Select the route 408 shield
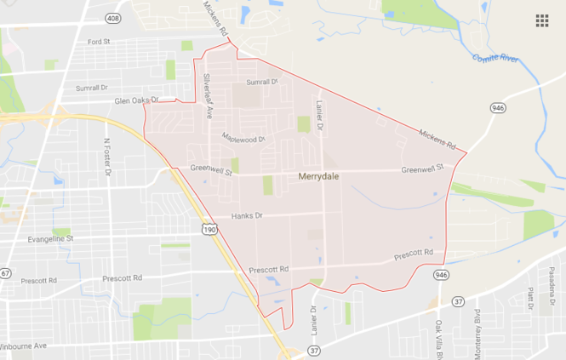(x=112, y=17)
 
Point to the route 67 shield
(x=5, y=273)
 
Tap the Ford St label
(x=100, y=42)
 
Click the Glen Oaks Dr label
(x=137, y=100)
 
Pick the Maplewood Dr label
(x=244, y=137)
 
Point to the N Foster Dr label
(x=107, y=158)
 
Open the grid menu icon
(x=542, y=20)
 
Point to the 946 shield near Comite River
(x=497, y=108)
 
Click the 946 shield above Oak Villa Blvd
(x=440, y=275)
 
